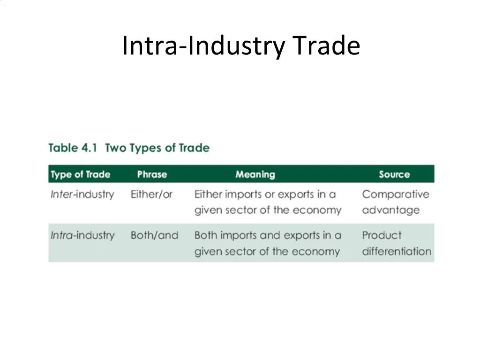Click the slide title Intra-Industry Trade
pyautogui.click(x=240, y=46)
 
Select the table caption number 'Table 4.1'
pyautogui.click(x=73, y=148)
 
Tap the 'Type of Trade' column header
pyautogui.click(x=80, y=174)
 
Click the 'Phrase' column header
pyautogui.click(x=152, y=174)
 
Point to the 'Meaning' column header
pyautogui.click(x=255, y=174)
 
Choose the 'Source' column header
pyautogui.click(x=394, y=174)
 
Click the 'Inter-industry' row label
pyautogui.click(x=82, y=194)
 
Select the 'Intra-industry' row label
pyautogui.click(x=82, y=235)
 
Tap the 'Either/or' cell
pyautogui.click(x=151, y=194)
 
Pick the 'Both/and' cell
pyautogui.click(x=154, y=235)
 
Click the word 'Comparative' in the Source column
pyautogui.click(x=395, y=194)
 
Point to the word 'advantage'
pyautogui.click(x=390, y=210)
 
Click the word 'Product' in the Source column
pyautogui.click(x=382, y=235)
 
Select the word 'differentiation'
pyautogui.click(x=396, y=251)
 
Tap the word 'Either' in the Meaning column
pyautogui.click(x=208, y=194)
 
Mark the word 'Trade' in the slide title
pyautogui.click(x=326, y=46)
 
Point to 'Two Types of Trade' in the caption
pyautogui.click(x=157, y=148)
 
